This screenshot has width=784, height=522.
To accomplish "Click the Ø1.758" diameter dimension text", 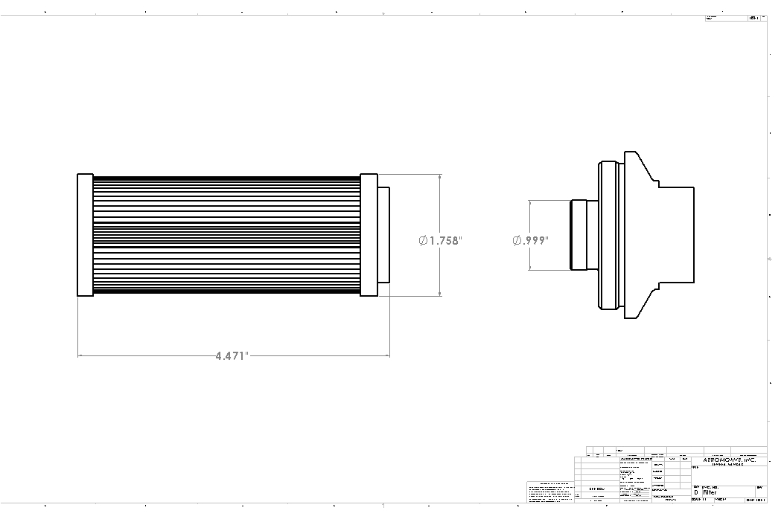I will click(441, 240).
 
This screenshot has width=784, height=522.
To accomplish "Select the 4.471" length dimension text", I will click(232, 356).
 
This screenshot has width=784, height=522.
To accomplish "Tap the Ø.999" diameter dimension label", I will click(531, 240).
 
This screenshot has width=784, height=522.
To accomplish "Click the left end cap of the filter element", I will click(85, 235).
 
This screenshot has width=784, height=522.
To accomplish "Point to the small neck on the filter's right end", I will click(383, 235).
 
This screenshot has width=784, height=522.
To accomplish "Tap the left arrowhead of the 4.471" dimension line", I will click(81, 356).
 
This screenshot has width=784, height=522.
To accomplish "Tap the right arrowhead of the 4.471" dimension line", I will click(386, 356).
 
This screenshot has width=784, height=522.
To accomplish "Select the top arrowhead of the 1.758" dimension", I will click(440, 178).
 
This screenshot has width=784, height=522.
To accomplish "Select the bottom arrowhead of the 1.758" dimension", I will click(440, 293).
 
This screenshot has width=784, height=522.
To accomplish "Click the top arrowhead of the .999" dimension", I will click(529, 203).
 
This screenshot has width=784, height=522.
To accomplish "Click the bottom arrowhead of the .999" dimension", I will click(529, 268).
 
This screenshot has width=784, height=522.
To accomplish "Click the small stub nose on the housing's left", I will click(578, 234).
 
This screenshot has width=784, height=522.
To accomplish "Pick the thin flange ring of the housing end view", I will click(608, 234).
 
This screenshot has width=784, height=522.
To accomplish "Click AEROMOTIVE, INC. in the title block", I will click(729, 460).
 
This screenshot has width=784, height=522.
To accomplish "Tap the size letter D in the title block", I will click(696, 492).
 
